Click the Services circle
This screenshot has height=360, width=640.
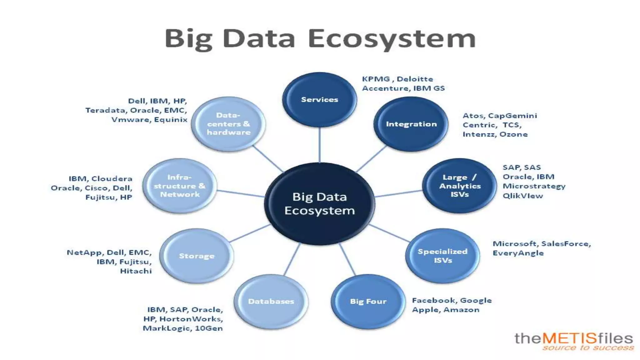[x=319, y=100]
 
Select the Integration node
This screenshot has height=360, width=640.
[x=411, y=124]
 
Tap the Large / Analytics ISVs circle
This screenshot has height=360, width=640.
[x=459, y=186]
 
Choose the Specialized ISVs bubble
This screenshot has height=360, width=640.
[x=442, y=256]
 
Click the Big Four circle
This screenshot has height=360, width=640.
[x=368, y=301]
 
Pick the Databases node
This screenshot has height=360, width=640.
[x=271, y=301]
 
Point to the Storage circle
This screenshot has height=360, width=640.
[x=197, y=256]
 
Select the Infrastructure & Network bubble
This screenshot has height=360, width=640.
[x=180, y=186]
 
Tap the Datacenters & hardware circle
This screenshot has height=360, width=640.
[x=228, y=124]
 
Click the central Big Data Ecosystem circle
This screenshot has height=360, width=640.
[x=319, y=204]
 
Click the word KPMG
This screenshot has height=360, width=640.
[x=376, y=79]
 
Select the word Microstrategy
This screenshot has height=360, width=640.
[x=534, y=186]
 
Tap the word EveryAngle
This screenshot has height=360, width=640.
[x=518, y=253]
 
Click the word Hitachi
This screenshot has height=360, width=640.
[x=136, y=271]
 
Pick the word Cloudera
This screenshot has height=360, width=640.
[x=112, y=179]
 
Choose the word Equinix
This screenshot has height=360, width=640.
[x=171, y=120]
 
